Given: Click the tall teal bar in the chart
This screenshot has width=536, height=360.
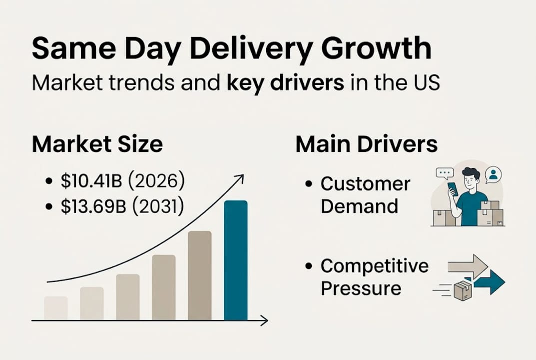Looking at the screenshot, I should point(235,260).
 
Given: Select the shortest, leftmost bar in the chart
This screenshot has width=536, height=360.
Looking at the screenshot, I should point(55,308).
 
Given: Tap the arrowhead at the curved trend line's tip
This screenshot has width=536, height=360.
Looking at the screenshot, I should point(239,178).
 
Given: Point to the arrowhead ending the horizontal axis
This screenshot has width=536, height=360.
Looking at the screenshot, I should point(264,320).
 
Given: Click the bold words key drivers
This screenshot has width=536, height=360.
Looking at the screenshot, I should point(285,82).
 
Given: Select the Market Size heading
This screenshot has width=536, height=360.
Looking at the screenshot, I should point(97,144).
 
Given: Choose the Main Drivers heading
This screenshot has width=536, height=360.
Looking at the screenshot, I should point(367,144).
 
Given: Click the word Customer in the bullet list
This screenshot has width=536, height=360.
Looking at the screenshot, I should point(365,184).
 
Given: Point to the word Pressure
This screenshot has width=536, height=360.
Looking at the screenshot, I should point(361,288).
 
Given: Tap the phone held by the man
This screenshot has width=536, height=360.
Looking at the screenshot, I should point(452,189).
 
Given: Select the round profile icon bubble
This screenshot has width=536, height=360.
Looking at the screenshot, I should point(494,174).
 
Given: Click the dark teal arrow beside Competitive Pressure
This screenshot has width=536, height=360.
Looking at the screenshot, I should point(490,282).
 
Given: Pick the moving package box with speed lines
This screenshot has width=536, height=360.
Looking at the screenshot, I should point(462,290).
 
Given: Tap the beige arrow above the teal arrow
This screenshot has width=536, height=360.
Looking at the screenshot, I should point(468,266).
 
